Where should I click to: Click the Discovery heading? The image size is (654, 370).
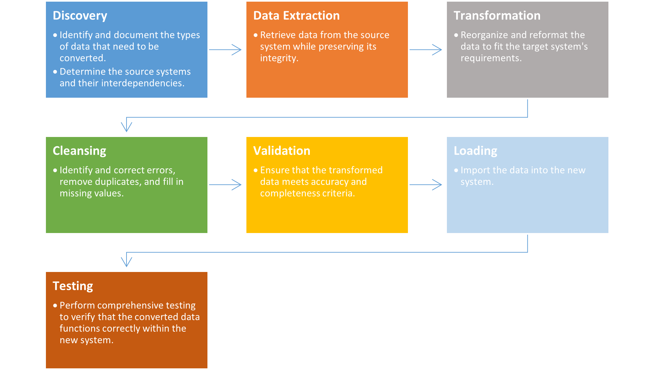click(80, 16)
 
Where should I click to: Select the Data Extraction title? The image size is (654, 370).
click(296, 16)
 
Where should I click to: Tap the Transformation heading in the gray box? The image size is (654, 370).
click(497, 16)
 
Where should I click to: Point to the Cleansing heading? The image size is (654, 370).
click(79, 151)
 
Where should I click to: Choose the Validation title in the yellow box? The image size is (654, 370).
click(282, 151)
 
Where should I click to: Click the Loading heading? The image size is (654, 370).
click(475, 151)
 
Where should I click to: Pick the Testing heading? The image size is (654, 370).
click(73, 286)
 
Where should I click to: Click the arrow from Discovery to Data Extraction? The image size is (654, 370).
click(225, 50)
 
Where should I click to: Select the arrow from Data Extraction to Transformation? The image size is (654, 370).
click(426, 50)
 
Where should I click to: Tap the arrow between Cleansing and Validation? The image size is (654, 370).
click(225, 185)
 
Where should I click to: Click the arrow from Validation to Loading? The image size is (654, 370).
click(426, 185)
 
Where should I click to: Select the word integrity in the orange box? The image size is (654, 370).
click(279, 58)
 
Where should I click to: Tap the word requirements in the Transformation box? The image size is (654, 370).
click(491, 58)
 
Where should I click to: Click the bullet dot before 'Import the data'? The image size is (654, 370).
click(456, 171)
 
